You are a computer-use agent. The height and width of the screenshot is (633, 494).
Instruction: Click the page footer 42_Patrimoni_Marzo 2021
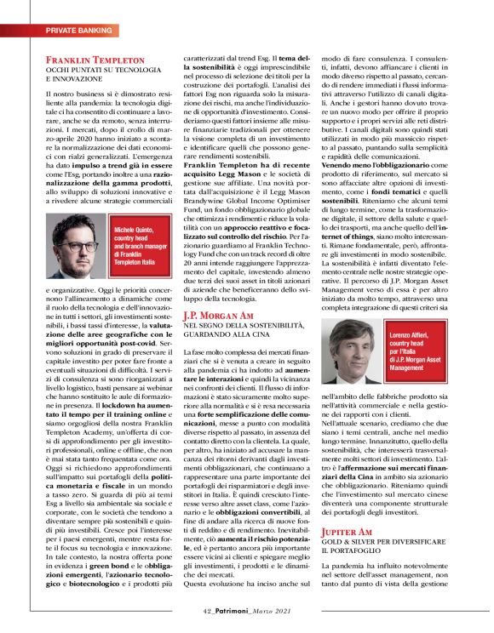pyautogui.click(x=247, y=611)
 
